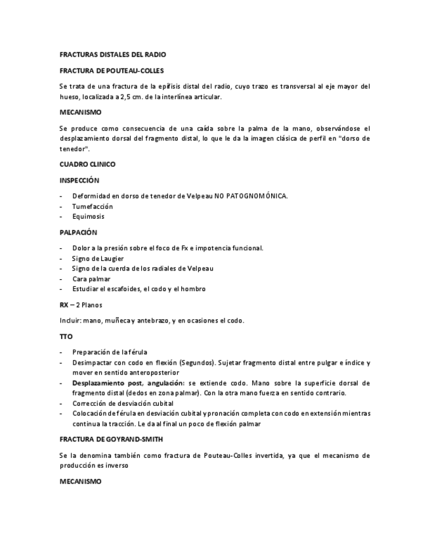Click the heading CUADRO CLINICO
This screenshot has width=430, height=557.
pos(87,164)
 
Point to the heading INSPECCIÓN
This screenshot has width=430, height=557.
pos(79,180)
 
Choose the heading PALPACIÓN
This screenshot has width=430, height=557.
pos(78,232)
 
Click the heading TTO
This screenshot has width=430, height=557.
pos(66,336)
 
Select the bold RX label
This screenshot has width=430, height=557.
pos(64,305)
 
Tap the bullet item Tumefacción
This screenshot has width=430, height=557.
pos(93,206)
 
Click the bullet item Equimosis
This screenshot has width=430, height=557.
pos(89,216)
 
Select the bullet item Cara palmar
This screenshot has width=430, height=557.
pos(92,278)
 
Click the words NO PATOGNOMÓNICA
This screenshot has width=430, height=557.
pos(251,196)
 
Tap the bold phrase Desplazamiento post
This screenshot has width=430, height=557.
pos(108,382)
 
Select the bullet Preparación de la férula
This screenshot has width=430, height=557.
pos(110,352)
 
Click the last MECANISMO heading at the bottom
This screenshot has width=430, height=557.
pos(80,481)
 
